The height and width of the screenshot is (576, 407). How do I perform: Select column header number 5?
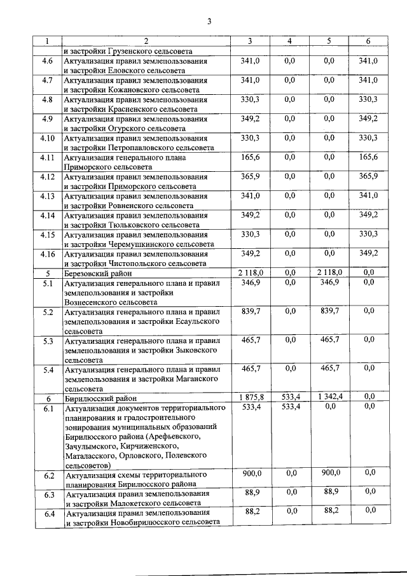point(329,41)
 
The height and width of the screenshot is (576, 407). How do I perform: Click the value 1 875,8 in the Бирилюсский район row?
point(250,397)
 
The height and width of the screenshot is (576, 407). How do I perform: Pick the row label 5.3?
point(47,341)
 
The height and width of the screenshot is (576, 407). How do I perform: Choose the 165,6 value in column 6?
point(368,157)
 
